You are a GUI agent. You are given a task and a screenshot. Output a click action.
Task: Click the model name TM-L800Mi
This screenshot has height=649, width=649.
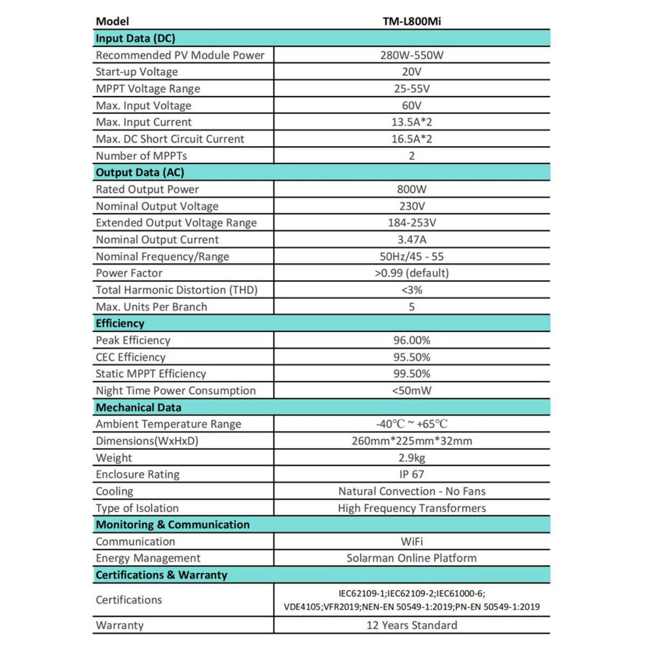click(x=411, y=22)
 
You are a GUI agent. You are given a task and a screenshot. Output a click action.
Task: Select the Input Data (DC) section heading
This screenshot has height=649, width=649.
click(x=135, y=39)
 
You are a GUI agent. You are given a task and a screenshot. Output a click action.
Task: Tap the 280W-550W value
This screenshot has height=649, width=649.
click(x=411, y=55)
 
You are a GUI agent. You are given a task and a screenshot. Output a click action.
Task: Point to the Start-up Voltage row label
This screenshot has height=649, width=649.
click(x=137, y=72)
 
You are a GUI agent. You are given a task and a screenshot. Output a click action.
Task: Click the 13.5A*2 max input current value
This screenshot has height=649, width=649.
click(x=411, y=122)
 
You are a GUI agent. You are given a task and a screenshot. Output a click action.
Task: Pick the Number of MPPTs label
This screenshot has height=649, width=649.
click(x=141, y=156)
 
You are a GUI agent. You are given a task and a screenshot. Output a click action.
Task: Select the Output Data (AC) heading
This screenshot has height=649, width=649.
click(x=140, y=173)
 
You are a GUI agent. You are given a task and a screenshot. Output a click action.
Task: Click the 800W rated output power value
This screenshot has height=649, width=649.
click(x=411, y=190)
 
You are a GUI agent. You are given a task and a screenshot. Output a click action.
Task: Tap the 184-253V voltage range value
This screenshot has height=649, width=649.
click(x=411, y=223)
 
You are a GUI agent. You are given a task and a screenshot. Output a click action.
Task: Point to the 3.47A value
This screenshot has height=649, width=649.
click(x=411, y=240)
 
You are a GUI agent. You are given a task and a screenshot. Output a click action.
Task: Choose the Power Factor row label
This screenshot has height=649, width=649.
click(x=129, y=273)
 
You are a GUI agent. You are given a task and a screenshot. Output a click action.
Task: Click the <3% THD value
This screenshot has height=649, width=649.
click(x=411, y=290)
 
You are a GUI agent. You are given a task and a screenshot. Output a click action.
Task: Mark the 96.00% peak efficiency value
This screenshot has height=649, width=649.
click(x=411, y=340)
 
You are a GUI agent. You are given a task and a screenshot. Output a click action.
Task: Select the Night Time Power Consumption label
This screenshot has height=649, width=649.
click(x=176, y=391)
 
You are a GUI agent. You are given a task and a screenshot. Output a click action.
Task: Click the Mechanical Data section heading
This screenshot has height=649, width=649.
click(x=138, y=408)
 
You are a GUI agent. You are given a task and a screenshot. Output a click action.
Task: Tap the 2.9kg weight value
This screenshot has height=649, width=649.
click(x=411, y=458)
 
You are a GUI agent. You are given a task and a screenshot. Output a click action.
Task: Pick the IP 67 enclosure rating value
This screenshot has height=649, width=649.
click(x=411, y=474)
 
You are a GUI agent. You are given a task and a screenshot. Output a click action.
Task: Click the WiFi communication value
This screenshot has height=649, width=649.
click(x=411, y=542)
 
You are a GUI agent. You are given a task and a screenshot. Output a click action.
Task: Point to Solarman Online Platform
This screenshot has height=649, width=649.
click(x=411, y=558)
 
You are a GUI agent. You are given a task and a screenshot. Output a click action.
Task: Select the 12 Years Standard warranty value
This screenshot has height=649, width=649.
click(x=411, y=625)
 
